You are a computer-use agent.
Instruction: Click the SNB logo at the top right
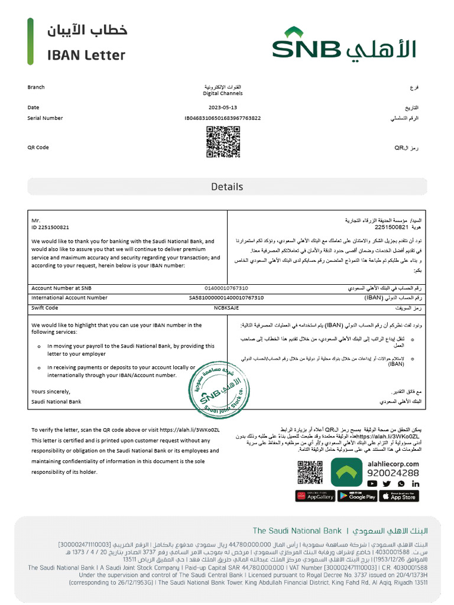345,44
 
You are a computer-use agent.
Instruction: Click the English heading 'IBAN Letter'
86,56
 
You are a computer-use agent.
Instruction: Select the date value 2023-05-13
223,108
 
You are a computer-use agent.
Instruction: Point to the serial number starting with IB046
223,118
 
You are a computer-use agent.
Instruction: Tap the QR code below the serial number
223,142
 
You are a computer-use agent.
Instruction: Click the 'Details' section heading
227,187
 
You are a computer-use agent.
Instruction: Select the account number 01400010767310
226,288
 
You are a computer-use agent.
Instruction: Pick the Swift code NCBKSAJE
226,308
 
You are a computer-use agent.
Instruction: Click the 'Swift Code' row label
45,308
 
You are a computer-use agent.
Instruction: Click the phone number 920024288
393,473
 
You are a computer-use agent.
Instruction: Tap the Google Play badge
357,496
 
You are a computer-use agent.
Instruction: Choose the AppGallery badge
315,496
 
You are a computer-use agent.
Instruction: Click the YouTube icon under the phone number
372,483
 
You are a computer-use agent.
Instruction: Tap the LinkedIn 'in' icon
416,483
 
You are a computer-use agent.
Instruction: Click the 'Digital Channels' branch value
223,93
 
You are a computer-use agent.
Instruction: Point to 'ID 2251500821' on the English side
50,227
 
